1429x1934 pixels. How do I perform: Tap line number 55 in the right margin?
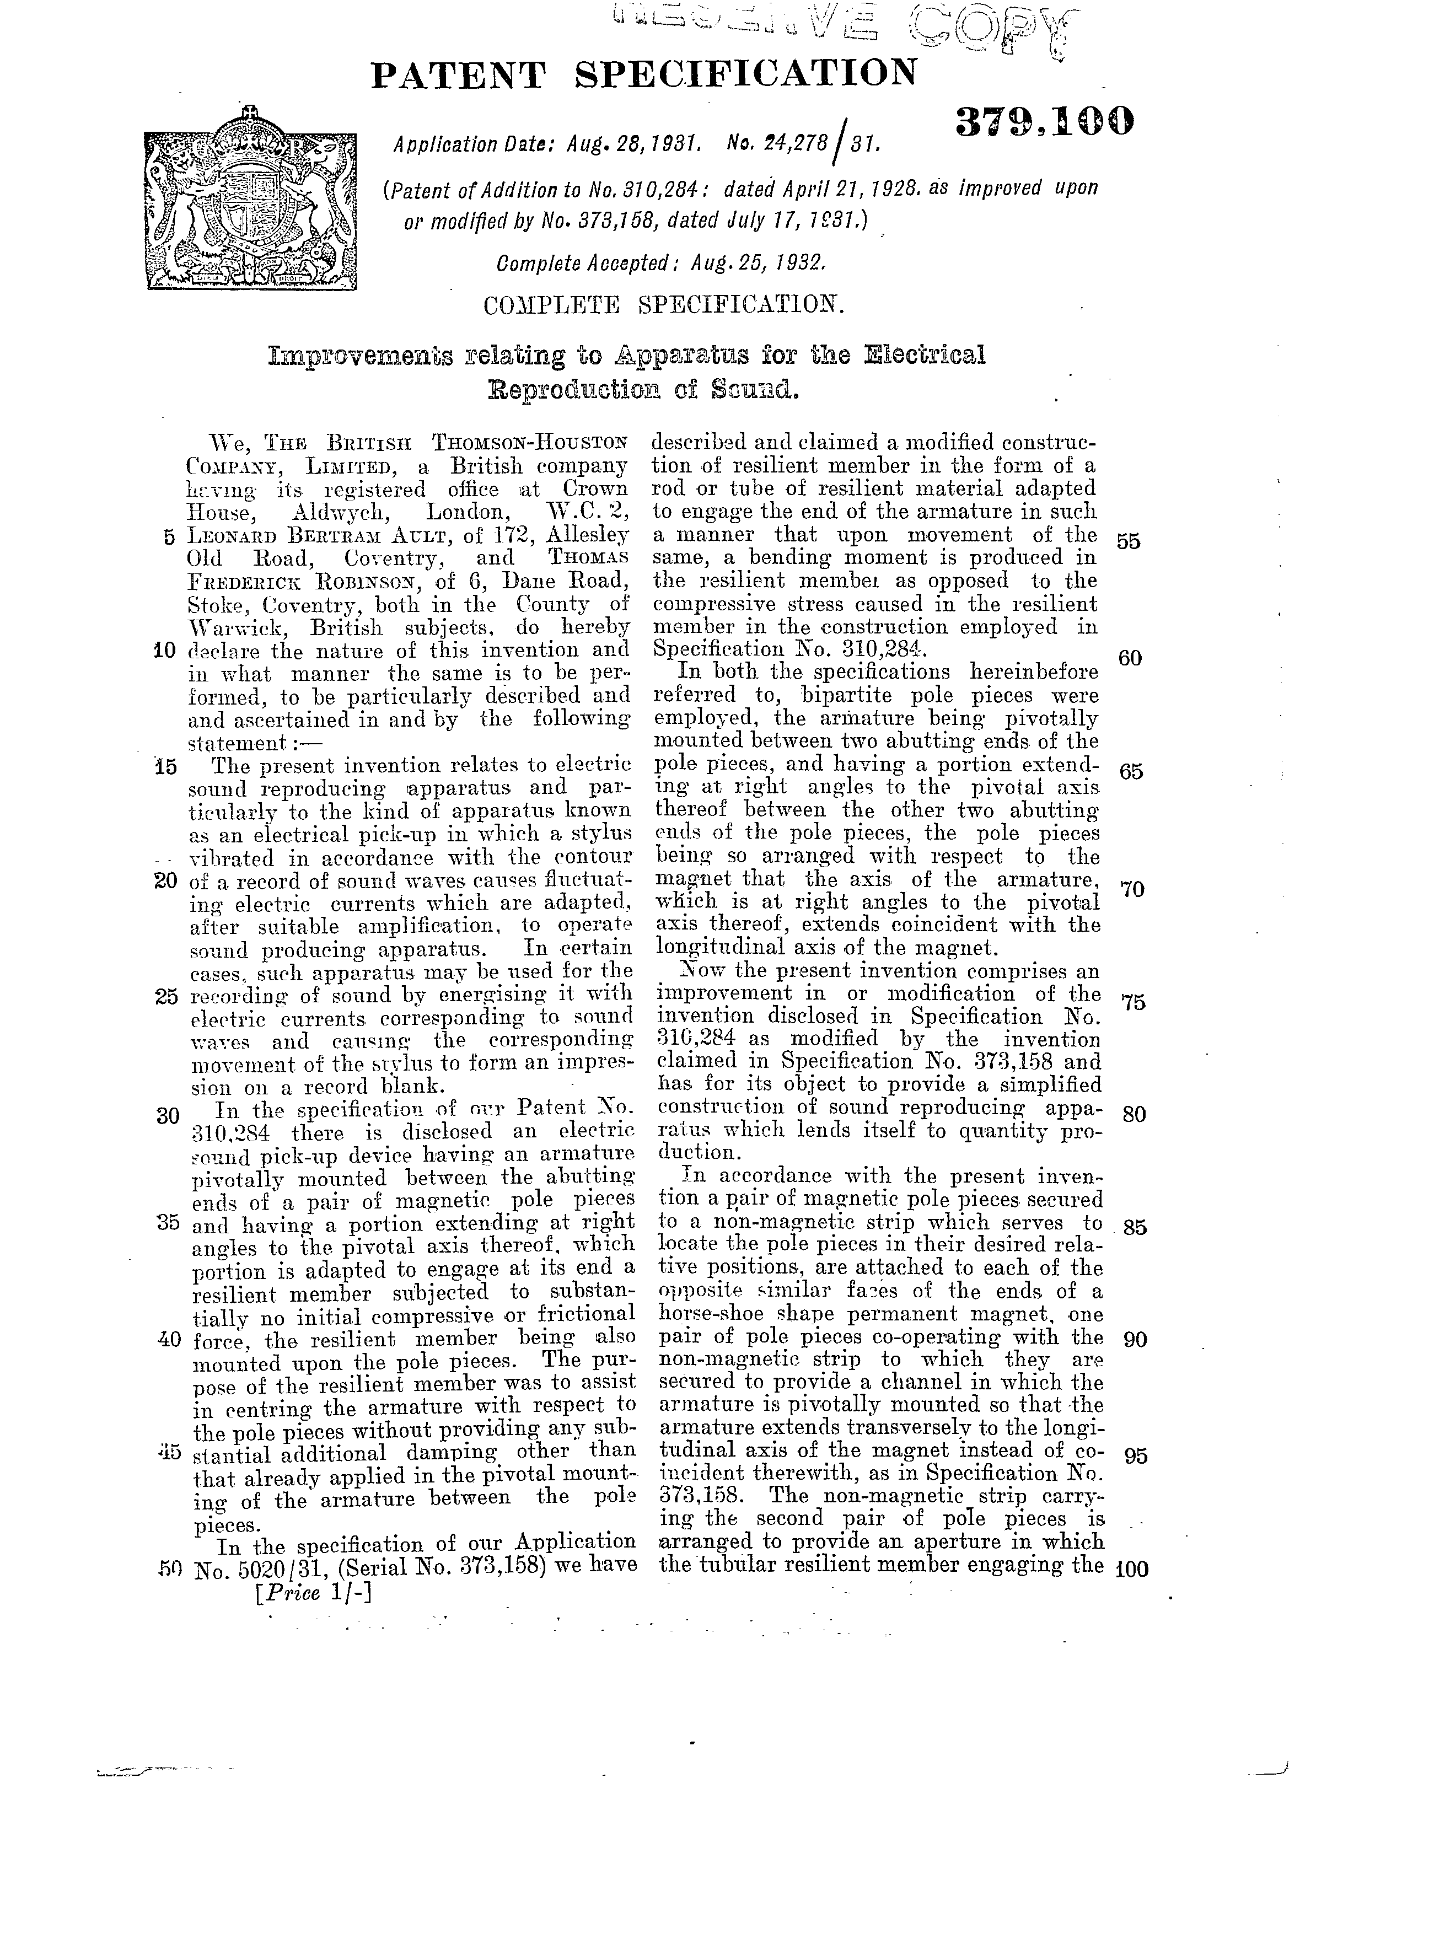pyautogui.click(x=1128, y=541)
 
